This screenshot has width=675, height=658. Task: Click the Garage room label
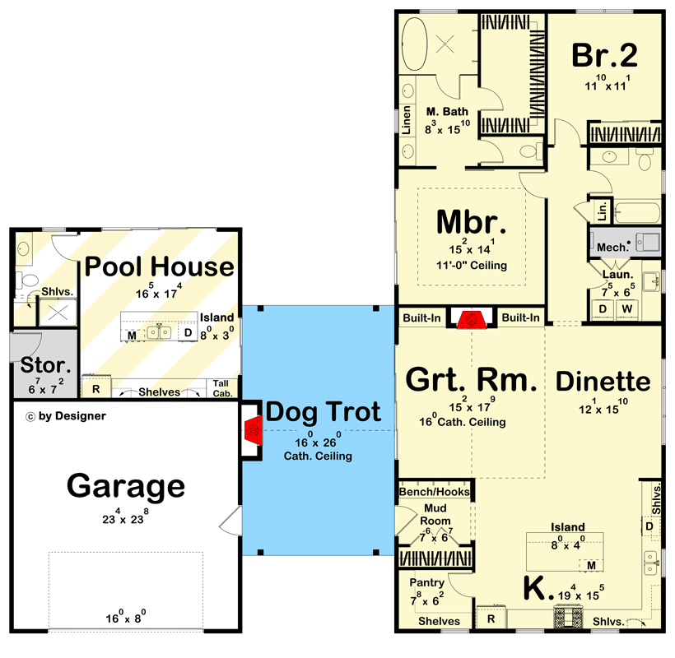[x=126, y=486]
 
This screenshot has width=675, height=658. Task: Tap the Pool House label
[x=160, y=266]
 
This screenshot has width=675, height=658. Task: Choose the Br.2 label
[x=605, y=55]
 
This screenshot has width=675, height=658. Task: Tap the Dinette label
[x=603, y=381]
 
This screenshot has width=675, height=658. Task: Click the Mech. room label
[x=612, y=246]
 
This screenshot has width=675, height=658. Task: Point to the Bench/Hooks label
[x=434, y=492]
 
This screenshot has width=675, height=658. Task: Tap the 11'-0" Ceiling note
[x=472, y=266]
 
